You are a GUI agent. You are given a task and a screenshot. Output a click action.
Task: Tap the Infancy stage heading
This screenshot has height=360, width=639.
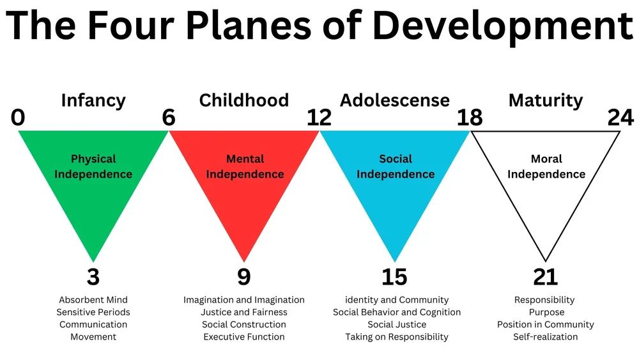[x=93, y=100]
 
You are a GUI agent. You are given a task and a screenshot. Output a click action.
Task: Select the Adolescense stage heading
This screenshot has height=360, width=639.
[x=395, y=100]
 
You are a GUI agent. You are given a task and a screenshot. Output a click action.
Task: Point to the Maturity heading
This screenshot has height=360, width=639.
[x=545, y=100]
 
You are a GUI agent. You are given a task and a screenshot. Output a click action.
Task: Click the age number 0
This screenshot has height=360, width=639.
[x=18, y=118]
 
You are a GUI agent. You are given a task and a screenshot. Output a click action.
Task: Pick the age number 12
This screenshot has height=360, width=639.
[x=319, y=118]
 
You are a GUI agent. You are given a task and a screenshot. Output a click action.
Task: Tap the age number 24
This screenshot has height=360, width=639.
[x=620, y=118]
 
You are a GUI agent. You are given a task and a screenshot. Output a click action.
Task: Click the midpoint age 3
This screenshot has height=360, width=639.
[x=93, y=277]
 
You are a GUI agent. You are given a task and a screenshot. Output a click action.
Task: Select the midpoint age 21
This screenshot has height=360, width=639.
[x=545, y=277]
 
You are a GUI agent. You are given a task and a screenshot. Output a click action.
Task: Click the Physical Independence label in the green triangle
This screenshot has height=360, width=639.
[x=93, y=166]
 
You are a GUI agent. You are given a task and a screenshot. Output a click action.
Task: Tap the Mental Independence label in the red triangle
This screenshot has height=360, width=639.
[x=244, y=166]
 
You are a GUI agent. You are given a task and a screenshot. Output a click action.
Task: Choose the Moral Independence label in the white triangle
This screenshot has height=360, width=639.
[x=546, y=166]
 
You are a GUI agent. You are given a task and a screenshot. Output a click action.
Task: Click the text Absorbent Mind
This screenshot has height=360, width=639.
[x=93, y=300]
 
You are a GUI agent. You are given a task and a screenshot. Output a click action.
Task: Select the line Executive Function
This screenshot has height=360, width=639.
[x=244, y=337]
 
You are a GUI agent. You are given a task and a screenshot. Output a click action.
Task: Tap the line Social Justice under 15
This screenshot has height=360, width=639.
[x=397, y=324]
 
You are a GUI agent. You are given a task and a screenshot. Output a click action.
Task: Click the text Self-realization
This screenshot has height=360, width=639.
[x=545, y=337]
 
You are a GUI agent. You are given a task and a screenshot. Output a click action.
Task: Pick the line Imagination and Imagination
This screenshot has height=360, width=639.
[x=244, y=300]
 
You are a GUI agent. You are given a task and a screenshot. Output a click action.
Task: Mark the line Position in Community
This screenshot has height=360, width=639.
[x=545, y=324]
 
